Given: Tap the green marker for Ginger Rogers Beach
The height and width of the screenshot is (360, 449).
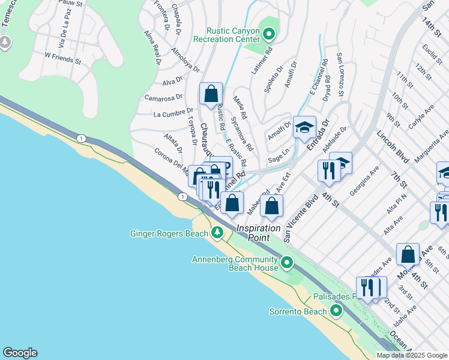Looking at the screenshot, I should click(x=217, y=233).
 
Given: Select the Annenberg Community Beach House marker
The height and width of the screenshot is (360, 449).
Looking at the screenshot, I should click(x=287, y=263).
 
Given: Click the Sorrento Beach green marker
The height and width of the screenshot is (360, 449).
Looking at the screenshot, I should click(x=336, y=311).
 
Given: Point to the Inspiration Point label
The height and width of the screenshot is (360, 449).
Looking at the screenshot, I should click(x=258, y=229).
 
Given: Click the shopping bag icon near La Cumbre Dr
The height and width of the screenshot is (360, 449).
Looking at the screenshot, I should click(x=211, y=94).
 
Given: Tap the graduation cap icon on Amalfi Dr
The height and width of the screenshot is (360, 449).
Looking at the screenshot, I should click(x=304, y=127).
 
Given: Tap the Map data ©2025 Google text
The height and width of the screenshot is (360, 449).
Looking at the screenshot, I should click(x=411, y=355).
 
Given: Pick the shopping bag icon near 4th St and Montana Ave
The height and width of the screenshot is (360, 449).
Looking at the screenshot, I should click(x=408, y=254).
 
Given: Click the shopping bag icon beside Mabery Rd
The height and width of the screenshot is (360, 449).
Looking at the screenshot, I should click(x=272, y=206).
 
